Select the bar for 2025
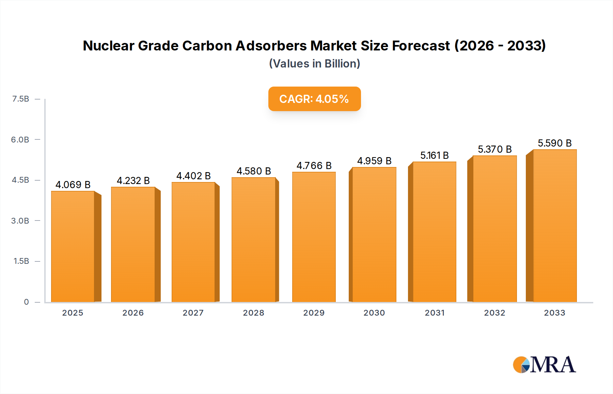coord(73,246)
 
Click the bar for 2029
coord(314,237)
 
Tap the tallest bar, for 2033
coord(555,226)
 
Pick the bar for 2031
coord(434,232)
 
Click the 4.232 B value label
coord(133,181)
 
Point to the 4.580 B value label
coord(254,171)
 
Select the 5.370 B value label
coord(494,149)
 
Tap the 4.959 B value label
coord(374,161)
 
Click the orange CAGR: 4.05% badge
coord(314,99)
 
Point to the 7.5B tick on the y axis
coord(21,99)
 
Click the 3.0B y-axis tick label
coord(20,221)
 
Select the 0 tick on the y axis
coord(26,302)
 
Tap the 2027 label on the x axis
coord(193,313)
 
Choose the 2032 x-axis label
coord(494,313)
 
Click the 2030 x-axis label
coord(374,313)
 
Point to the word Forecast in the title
coord(421,46)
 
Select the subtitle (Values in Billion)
coord(314,64)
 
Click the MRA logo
coord(544,365)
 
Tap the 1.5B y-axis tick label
coord(21,261)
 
